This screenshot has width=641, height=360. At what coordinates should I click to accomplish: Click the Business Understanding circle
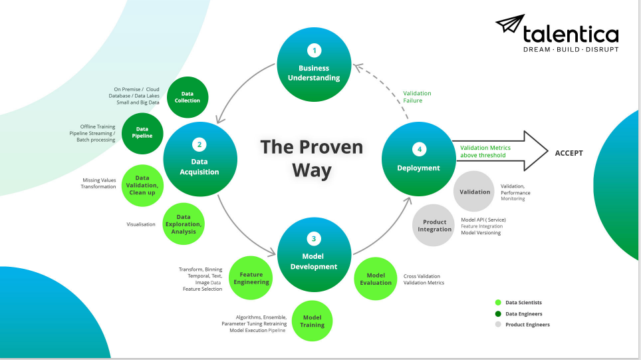tap(313, 65)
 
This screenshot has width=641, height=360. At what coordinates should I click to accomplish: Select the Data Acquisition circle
tap(200, 160)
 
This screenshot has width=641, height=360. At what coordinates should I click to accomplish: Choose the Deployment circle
tap(419, 160)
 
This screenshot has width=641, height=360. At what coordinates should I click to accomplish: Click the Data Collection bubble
tap(188, 97)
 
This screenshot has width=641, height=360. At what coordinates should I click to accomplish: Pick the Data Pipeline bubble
tap(142, 133)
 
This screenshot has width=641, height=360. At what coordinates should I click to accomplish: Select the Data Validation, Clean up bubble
tap(142, 185)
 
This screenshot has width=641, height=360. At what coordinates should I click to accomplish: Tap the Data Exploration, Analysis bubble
tap(184, 224)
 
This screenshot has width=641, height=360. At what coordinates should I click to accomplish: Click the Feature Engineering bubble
tap(251, 278)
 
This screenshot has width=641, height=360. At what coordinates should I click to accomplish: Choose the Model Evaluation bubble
tap(376, 279)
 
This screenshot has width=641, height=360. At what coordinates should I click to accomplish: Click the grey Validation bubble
tap(475, 192)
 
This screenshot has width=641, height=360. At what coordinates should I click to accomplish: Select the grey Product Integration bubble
tap(434, 226)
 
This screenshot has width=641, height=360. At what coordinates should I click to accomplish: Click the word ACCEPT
tap(569, 153)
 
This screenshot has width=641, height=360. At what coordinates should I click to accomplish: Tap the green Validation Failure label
tap(417, 97)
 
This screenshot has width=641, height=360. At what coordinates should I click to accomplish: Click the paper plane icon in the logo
tap(509, 25)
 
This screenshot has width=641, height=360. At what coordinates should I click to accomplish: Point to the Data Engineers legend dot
tap(498, 313)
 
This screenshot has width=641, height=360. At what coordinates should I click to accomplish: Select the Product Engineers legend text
tap(527, 325)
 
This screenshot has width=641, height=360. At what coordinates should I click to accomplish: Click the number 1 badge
tap(313, 50)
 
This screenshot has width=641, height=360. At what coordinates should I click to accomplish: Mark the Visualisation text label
tap(141, 224)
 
